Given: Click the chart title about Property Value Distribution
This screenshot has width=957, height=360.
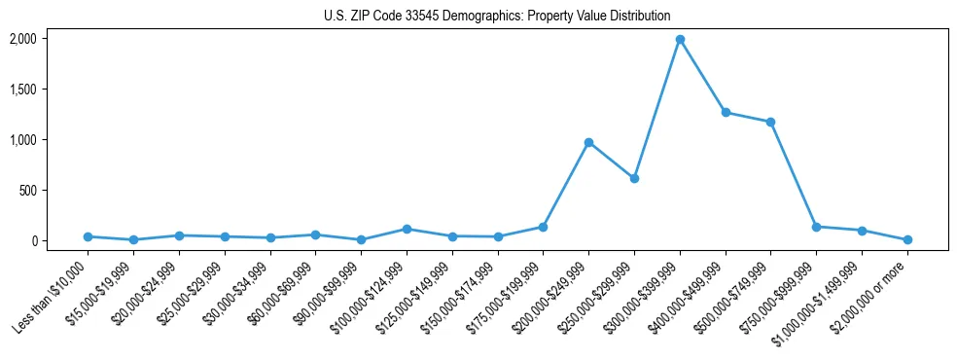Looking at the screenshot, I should coord(497,16).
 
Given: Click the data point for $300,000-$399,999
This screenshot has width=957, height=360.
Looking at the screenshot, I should coord(680,40).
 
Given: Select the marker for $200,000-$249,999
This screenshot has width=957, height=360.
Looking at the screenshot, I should coord(588,142).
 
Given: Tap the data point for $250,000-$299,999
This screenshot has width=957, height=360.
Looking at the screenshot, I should coord(634,178).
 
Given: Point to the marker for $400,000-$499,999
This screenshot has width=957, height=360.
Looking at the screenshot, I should coord(726,112).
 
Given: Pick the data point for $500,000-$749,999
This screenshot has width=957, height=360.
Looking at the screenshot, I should coord(771,122).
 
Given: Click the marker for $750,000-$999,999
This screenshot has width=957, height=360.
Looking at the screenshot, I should coord(816,227).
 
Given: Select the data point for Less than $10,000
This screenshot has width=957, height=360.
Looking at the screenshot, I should coord(88,236).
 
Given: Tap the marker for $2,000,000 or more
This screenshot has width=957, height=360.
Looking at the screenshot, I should coord(907,239).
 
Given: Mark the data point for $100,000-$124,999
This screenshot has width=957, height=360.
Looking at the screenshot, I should coord(407,229).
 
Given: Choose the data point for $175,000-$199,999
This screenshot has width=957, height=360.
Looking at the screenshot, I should coord(543,227).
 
